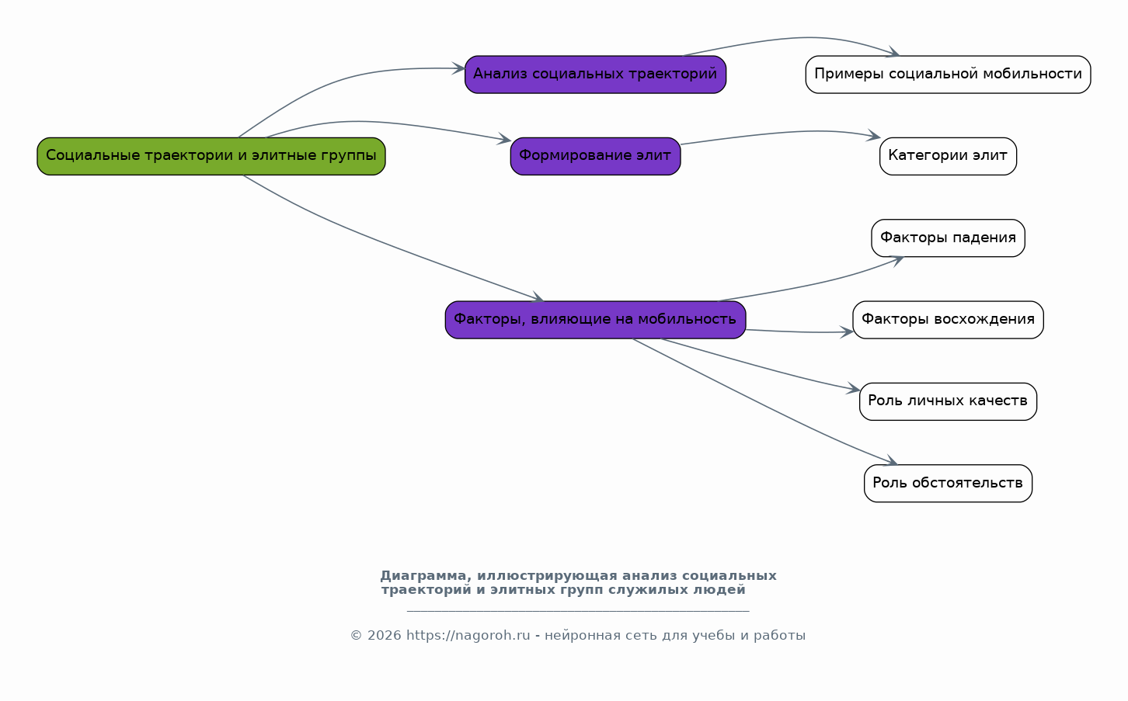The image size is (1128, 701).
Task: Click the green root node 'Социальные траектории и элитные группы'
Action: click(211, 156)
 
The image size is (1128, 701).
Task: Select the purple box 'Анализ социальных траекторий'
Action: click(595, 75)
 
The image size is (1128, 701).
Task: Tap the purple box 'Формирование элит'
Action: click(595, 156)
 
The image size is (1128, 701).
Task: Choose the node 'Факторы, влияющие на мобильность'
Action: click(595, 320)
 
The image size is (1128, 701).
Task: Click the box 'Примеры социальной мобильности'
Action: click(948, 75)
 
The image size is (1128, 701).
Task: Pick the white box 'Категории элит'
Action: click(948, 156)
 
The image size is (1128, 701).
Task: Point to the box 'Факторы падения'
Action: click(948, 238)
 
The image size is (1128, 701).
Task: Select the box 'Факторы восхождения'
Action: click(948, 320)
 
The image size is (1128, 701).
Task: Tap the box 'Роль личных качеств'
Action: click(948, 401)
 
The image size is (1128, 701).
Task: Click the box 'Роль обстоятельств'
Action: click(948, 484)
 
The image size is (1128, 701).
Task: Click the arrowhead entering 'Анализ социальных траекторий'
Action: click(459, 68)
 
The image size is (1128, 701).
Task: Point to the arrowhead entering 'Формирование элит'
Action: click(505, 139)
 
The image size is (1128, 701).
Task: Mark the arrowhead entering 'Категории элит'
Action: click(874, 136)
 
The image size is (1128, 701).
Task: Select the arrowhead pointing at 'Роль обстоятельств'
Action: click(891, 461)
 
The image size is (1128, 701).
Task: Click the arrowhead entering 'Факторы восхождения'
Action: click(847, 331)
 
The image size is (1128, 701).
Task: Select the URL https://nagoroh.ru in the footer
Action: click(468, 636)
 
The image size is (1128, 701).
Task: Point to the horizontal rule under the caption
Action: click(578, 612)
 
